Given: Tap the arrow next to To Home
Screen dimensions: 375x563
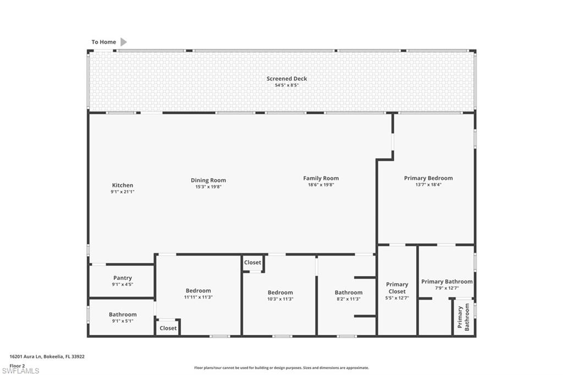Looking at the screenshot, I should (x=124, y=42).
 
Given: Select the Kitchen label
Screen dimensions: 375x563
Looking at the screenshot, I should (x=123, y=185).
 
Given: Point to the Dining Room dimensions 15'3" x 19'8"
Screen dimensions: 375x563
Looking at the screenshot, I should (x=208, y=187).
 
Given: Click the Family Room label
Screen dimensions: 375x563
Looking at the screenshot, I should (x=321, y=178).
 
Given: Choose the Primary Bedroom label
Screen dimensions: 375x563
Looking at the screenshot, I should (x=428, y=178).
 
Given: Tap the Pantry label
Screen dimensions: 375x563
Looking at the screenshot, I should (x=123, y=278).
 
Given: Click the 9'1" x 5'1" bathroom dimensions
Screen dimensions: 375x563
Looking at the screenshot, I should (x=123, y=321).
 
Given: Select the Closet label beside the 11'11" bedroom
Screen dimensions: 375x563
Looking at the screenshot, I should (x=168, y=328).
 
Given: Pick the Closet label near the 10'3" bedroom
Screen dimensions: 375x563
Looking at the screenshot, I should (x=253, y=263).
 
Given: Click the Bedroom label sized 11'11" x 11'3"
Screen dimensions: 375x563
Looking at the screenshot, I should (x=198, y=290).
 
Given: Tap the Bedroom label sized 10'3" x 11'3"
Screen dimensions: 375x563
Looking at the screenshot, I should (x=280, y=293).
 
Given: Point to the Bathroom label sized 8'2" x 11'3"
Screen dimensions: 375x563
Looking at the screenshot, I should (x=349, y=293).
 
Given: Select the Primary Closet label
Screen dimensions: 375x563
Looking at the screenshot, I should (x=397, y=288).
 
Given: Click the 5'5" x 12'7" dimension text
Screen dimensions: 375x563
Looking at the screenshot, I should (x=397, y=298).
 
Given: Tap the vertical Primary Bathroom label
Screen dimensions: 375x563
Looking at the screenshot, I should (x=463, y=318).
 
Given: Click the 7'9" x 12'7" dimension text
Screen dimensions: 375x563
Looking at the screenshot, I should (x=446, y=288).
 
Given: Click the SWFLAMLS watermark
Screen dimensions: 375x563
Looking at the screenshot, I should (x=25, y=371).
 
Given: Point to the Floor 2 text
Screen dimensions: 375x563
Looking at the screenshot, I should (x=18, y=365).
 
